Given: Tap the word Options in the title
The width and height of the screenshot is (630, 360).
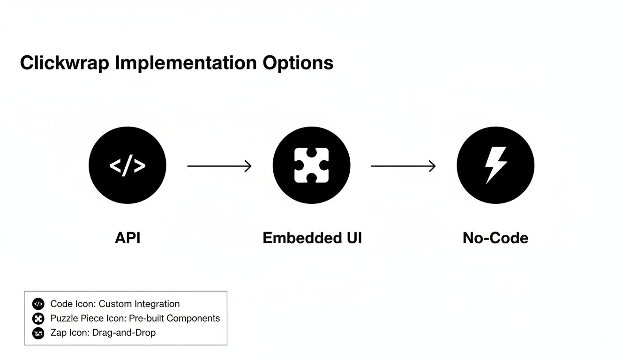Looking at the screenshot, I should [x=298, y=63].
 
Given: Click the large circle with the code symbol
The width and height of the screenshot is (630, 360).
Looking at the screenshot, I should [x=127, y=165].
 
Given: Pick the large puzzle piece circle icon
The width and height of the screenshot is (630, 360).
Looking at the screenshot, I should [x=311, y=165].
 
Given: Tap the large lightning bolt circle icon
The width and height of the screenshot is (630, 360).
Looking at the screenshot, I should [x=495, y=165].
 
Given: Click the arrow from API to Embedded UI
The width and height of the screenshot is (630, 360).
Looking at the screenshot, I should [x=219, y=166].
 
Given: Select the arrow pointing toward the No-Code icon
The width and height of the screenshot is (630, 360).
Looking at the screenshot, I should [x=403, y=166].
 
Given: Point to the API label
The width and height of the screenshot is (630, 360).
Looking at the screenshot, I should [x=127, y=238].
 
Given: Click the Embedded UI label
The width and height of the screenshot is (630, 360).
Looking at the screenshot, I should [x=312, y=238].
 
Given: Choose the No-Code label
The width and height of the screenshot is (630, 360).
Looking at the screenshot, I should [x=495, y=238].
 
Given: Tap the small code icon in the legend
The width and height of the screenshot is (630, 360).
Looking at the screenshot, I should [x=38, y=304].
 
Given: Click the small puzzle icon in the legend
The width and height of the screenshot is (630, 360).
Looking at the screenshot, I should [x=38, y=319].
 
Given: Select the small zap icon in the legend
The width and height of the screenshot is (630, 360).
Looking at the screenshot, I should [x=38, y=333].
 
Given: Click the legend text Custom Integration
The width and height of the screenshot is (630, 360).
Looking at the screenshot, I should [x=139, y=304].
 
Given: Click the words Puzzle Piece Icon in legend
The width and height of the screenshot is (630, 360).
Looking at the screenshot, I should [x=88, y=319].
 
